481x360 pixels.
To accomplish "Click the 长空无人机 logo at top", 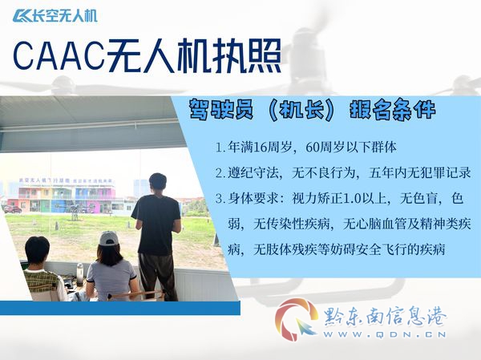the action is [x=55, y=16].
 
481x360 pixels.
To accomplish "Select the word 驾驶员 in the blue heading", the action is [x=221, y=109].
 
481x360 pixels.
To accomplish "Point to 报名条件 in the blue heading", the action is [x=393, y=109].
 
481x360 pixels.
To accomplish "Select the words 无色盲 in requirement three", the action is [x=419, y=199].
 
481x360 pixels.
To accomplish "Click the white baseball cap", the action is [x=108, y=238].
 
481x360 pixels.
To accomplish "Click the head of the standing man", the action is [x=158, y=182].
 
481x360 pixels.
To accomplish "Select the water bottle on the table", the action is [x=79, y=274].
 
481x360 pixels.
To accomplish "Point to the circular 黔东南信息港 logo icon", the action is [x=297, y=320].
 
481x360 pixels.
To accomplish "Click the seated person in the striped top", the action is [x=44, y=270].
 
